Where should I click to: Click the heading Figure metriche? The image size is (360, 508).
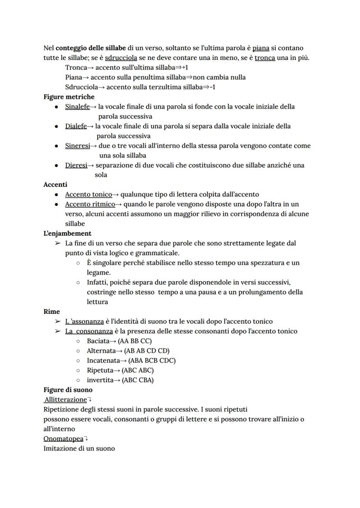[x=69, y=97]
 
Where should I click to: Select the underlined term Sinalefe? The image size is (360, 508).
[x=77, y=106]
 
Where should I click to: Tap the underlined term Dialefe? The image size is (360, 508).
[x=76, y=126]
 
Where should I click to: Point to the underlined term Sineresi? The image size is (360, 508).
[x=77, y=146]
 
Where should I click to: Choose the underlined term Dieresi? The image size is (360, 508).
[x=76, y=165]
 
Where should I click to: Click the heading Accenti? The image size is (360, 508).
[x=55, y=185]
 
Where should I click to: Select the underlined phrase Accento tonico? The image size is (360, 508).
[x=88, y=194]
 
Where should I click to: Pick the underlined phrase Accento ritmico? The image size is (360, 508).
[x=90, y=204]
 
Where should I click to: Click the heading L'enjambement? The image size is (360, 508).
[x=67, y=233]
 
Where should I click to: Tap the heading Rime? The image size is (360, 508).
[x=52, y=312]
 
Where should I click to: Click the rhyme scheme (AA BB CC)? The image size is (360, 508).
[x=135, y=341]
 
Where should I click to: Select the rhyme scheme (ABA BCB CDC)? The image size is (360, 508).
[x=150, y=361]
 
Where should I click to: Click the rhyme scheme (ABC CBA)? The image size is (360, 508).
[x=138, y=380]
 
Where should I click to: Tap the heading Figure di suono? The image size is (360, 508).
[x=68, y=390]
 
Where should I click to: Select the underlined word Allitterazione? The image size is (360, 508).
[x=66, y=399]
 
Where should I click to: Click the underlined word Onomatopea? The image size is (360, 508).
[x=63, y=438]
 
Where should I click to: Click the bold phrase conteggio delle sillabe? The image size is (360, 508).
[x=90, y=48]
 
